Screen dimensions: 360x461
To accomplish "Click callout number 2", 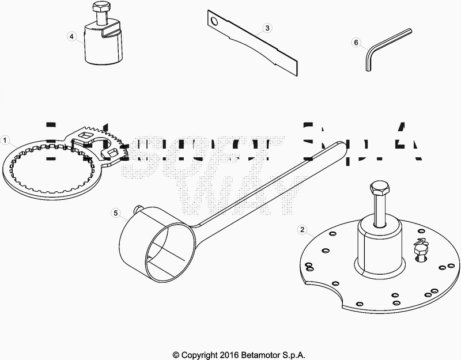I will [301, 229].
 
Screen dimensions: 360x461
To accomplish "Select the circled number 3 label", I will [267, 28].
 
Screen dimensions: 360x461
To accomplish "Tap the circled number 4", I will [71, 36].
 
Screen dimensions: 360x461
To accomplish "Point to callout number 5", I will [115, 213].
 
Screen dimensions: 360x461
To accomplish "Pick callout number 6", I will [356, 42].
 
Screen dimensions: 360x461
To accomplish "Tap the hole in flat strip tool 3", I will [215, 22].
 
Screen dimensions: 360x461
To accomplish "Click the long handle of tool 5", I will [271, 184].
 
